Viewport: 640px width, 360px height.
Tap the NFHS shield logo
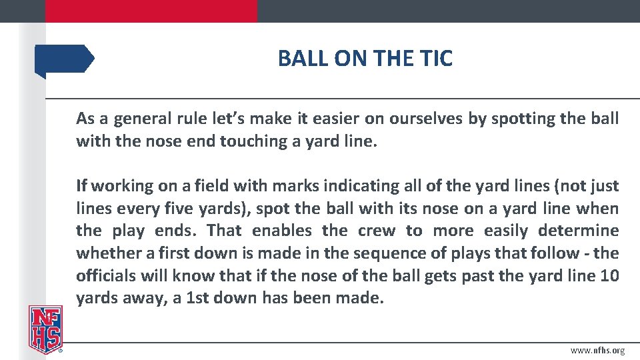(45, 329)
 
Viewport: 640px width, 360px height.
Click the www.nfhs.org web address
(597, 351)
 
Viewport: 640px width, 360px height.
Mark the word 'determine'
(575, 231)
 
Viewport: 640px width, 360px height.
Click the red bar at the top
(151, 11)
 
